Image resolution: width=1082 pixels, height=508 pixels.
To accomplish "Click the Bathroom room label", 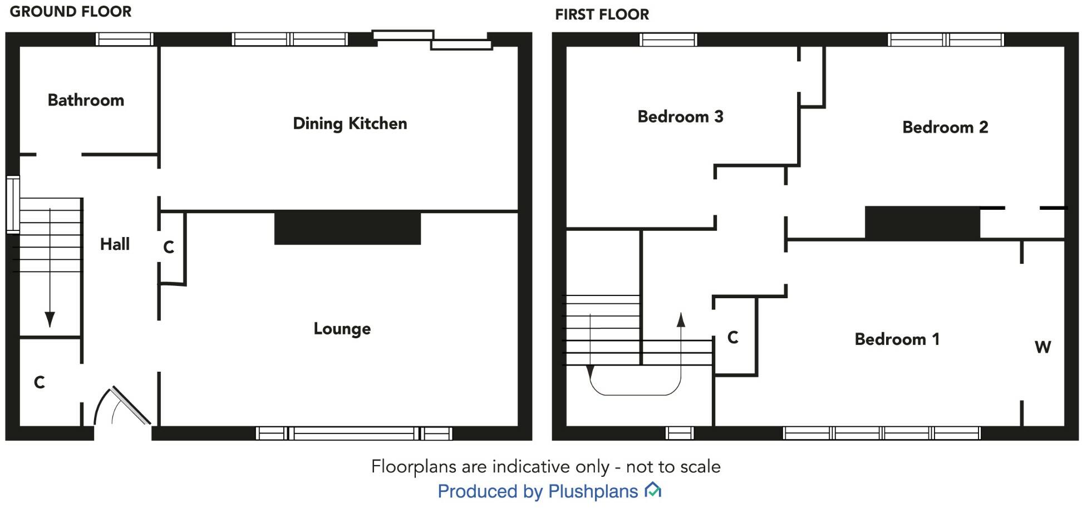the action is click(86, 100).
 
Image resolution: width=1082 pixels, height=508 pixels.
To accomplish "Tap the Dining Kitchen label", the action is click(350, 124).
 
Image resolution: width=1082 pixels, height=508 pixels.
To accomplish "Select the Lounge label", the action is click(342, 329).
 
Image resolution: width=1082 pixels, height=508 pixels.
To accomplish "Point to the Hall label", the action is click(115, 244).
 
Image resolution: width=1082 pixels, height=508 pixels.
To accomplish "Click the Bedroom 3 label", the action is click(680, 117).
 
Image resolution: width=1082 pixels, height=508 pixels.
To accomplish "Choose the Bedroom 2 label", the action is click(945, 127).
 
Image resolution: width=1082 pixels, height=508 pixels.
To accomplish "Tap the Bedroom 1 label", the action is click(897, 339).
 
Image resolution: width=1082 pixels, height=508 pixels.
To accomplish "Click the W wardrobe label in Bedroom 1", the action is click(1042, 347).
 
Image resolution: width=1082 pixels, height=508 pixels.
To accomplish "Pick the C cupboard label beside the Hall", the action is click(169, 247).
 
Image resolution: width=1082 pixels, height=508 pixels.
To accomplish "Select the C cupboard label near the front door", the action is click(39, 382).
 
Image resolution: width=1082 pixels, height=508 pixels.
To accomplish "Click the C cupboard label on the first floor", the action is click(733, 337).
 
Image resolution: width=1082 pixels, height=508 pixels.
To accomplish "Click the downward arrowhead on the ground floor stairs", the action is click(50, 319).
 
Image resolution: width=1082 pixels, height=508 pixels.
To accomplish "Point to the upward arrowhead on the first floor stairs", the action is click(680, 319).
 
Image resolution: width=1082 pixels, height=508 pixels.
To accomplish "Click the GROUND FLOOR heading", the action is click(71, 12).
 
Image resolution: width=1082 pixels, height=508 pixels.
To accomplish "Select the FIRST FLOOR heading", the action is click(602, 14).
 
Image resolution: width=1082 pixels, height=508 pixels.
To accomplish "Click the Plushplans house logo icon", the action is click(652, 490).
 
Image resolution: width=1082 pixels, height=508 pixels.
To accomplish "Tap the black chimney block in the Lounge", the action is click(347, 227).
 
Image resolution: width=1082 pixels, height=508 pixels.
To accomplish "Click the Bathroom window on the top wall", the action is click(124, 39).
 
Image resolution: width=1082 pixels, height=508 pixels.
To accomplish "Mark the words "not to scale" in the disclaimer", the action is click(673, 466).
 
